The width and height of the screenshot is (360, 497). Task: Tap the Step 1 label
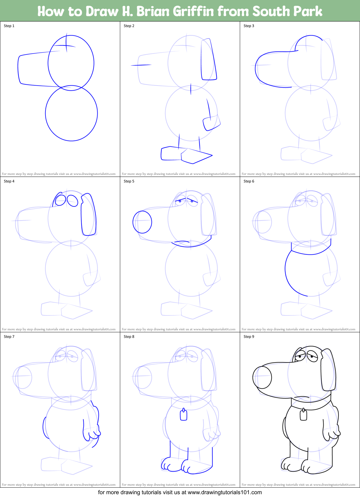[x=9, y=26]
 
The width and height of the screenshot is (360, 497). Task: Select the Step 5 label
[x=129, y=181]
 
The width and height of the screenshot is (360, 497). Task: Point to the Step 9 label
[x=249, y=337]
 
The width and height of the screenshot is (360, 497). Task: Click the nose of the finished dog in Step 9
[x=262, y=377]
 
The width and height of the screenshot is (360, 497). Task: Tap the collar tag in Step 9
[x=303, y=415]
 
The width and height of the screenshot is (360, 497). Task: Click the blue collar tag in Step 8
[x=183, y=415]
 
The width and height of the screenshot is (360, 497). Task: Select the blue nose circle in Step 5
[x=142, y=222]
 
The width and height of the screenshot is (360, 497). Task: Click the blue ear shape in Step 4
[x=88, y=215]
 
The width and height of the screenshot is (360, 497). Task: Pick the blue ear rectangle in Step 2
[x=208, y=60]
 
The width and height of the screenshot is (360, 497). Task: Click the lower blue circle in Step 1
[x=71, y=113]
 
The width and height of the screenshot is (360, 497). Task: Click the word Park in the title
[x=308, y=11]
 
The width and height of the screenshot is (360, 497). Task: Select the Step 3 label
[x=249, y=26]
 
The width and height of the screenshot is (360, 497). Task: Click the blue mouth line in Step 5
[x=182, y=241]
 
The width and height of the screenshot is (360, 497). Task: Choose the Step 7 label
[x=9, y=337]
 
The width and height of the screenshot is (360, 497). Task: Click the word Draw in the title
[x=102, y=11]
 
